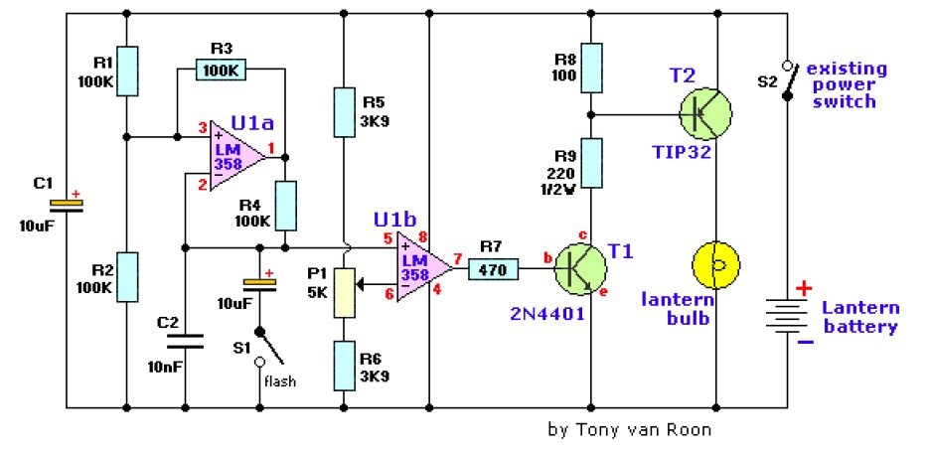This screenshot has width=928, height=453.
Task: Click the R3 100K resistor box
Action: click(221, 70)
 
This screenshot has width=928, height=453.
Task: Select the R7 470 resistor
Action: click(493, 269)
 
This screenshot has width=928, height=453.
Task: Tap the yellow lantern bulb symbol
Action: click(716, 265)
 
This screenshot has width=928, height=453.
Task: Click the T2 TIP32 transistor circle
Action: click(704, 113)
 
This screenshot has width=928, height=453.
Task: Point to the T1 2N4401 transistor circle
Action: click(580, 269)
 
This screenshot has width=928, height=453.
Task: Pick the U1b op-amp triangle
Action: click(423, 267)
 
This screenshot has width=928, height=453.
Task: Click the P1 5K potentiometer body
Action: click(344, 292)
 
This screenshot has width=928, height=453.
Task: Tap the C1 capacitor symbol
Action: click(66, 206)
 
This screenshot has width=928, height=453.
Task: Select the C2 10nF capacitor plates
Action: click(185, 341)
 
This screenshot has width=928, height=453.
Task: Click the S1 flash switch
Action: click(268, 348)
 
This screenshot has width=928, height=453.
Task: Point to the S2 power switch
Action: click(788, 80)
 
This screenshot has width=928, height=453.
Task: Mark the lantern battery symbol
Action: click(787, 315)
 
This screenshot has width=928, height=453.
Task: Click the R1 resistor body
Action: click(126, 71)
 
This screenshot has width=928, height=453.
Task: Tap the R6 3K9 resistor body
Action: click(344, 366)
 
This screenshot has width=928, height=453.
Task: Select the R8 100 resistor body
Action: click(590, 68)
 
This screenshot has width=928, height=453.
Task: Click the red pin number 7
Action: click(457, 258)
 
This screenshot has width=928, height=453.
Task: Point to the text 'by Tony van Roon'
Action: click(630, 429)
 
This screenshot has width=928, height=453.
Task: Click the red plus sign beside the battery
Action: click(804, 289)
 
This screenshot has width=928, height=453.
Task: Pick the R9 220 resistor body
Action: click(590, 163)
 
